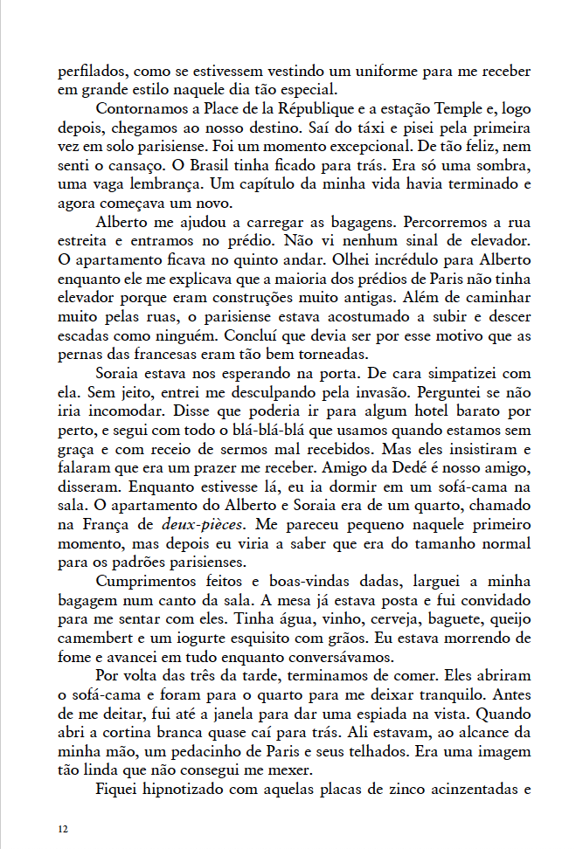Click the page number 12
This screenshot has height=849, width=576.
click(x=62, y=827)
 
